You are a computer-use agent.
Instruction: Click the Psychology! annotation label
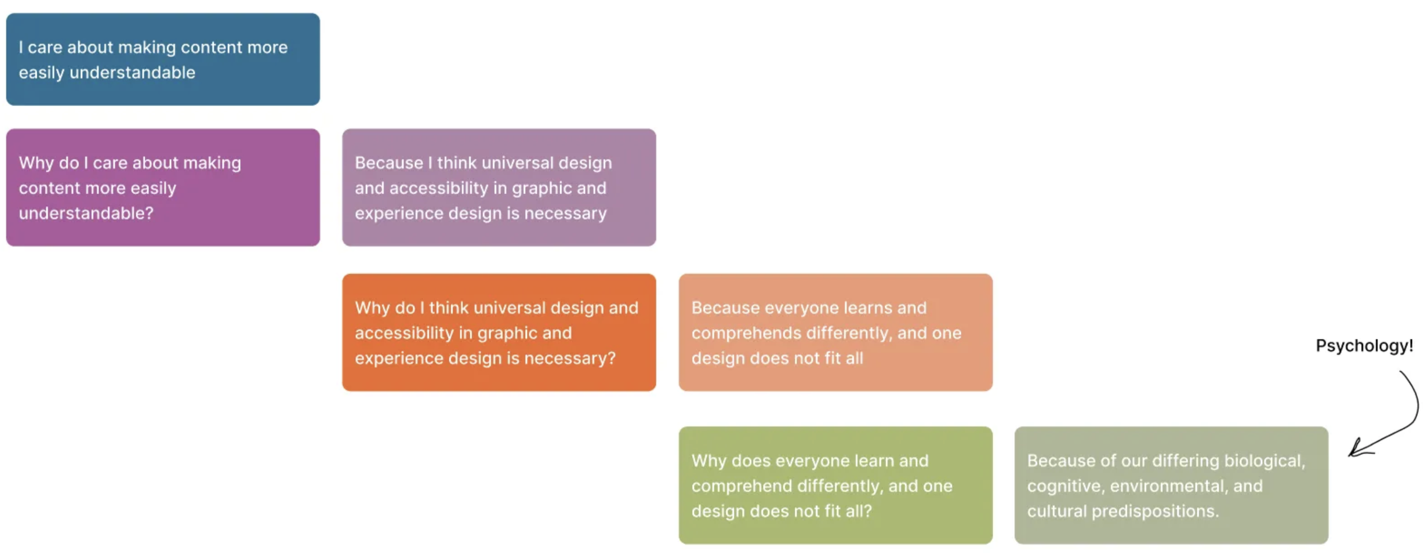(1364, 346)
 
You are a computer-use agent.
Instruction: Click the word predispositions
(1155, 512)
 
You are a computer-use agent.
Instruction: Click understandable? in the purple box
(86, 214)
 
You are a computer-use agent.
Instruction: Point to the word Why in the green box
(709, 461)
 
